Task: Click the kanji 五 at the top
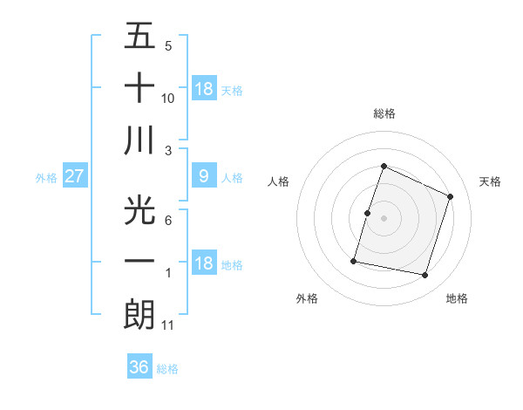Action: pos(139,38)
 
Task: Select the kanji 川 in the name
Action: pos(139,142)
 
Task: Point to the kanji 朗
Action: pos(139,313)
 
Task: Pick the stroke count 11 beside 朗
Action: pos(168,325)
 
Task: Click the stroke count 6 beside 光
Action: pos(168,221)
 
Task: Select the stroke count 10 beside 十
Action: pos(168,99)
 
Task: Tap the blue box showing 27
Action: pos(74,176)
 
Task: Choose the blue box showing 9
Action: pos(203,176)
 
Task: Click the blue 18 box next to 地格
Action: pos(203,264)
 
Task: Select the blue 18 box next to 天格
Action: pos(203,88)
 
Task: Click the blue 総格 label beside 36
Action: pos(167,369)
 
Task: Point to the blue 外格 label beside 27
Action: pos(46,177)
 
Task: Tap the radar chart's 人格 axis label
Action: pos(279,181)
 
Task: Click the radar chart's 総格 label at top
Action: pos(384,113)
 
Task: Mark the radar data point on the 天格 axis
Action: pos(451,196)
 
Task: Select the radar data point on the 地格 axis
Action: pos(425,276)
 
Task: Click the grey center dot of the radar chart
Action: pos(384,218)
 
